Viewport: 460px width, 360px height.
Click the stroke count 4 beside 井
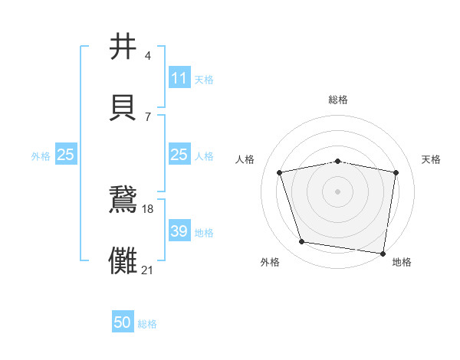tap(147, 57)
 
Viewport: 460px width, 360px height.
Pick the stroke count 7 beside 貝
tap(147, 116)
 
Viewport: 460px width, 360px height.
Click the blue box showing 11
tap(179, 78)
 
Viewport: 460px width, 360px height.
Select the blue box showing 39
tap(179, 231)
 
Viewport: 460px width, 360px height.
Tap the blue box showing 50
tap(123, 323)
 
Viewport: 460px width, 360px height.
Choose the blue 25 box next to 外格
tap(66, 155)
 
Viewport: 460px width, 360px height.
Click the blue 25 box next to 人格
tap(179, 155)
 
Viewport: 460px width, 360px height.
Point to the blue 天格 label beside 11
tap(204, 79)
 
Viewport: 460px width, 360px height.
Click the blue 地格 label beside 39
tap(204, 232)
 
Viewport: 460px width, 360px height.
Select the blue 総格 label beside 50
tap(147, 324)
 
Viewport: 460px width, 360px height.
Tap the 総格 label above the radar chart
tap(337, 100)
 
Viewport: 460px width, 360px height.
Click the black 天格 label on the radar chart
tap(432, 159)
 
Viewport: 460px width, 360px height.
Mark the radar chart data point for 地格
tap(383, 253)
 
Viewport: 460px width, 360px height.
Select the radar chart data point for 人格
tap(280, 172)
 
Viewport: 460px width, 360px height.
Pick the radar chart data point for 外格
tap(301, 242)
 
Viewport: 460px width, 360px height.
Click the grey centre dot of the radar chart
tap(337, 191)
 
